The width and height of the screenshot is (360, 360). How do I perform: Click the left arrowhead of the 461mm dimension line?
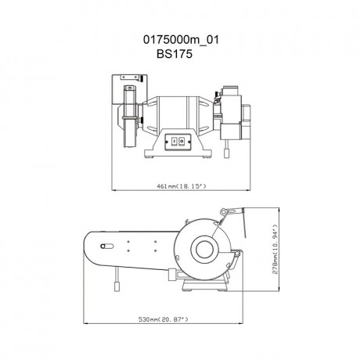[x=113, y=190]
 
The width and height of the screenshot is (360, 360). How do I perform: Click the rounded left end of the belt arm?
[x=88, y=251]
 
